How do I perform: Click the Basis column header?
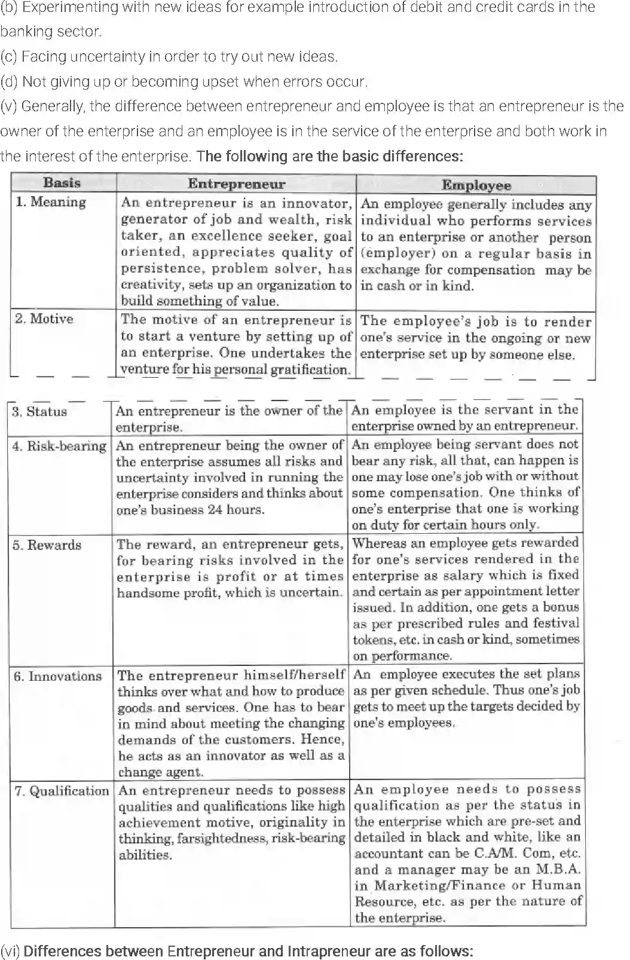click(62, 183)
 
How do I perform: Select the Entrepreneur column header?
click(236, 184)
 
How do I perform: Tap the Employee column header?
click(476, 185)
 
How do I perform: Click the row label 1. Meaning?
click(51, 202)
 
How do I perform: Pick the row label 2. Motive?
click(44, 319)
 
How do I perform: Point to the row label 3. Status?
click(39, 412)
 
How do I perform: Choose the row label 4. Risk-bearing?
click(59, 446)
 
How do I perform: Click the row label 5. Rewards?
click(47, 545)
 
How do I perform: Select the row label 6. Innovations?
click(57, 677)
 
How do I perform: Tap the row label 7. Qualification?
click(62, 791)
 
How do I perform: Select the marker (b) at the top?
click(9, 7)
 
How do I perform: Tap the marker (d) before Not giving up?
click(9, 81)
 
